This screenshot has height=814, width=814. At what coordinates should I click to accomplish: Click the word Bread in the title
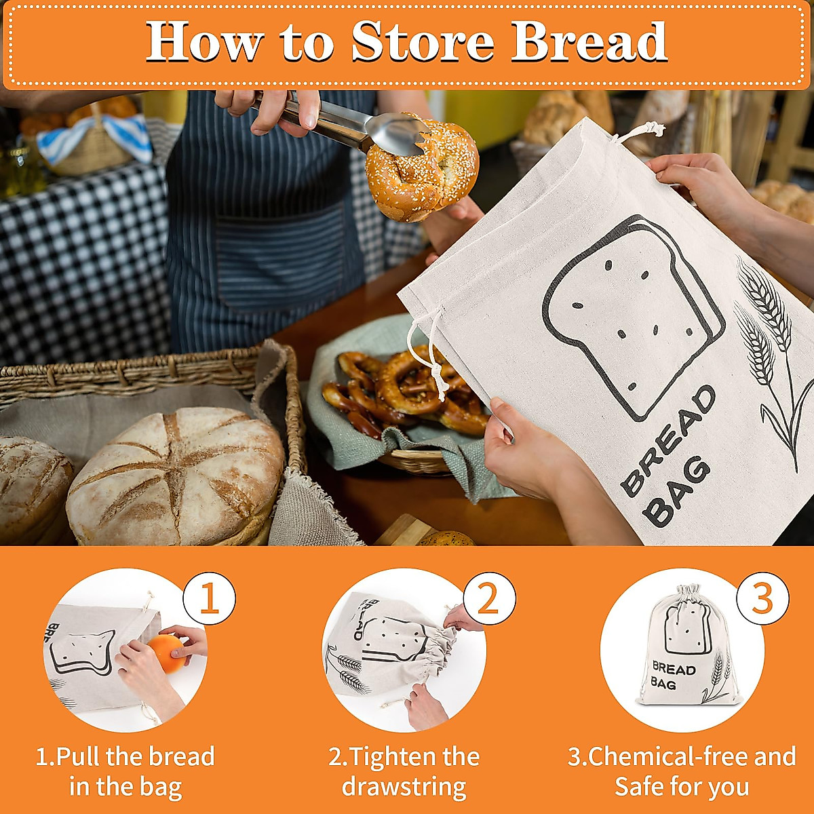[x=589, y=42]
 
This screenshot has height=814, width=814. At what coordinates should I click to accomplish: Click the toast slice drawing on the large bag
[x=631, y=312]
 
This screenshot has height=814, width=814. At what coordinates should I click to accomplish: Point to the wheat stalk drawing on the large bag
[x=770, y=346]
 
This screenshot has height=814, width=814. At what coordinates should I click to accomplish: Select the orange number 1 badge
[x=209, y=599]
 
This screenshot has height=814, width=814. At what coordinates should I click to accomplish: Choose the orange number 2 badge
[x=488, y=599]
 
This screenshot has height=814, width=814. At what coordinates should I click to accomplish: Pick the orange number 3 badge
[x=762, y=599]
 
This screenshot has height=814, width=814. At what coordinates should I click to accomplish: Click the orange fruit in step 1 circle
[x=166, y=653]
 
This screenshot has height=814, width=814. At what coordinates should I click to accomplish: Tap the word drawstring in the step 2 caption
[x=404, y=787]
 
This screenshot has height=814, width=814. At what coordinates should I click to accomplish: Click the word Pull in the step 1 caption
[x=79, y=756]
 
